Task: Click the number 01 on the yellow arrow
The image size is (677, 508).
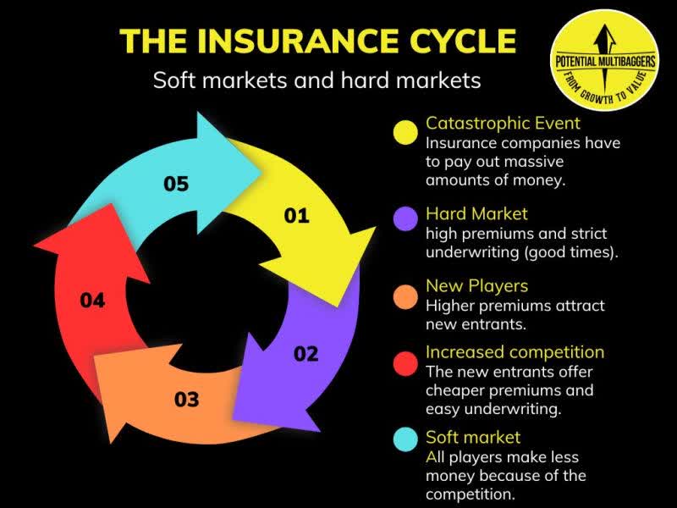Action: point(296,216)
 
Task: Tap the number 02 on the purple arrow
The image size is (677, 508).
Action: point(305,353)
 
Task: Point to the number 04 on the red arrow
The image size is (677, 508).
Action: point(92,300)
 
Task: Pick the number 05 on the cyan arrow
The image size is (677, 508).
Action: point(176,184)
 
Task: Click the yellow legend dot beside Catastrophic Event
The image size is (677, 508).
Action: point(407,133)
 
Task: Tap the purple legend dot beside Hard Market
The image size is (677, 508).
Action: point(407,218)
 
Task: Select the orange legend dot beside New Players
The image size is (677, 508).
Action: point(407,296)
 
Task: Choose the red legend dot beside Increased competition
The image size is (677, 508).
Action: point(407,363)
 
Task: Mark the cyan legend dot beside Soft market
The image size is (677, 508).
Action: point(407,439)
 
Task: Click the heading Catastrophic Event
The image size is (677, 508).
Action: point(503,123)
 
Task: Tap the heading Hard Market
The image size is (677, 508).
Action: point(476,213)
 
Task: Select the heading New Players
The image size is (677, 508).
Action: point(476,285)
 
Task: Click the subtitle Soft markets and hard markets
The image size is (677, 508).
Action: point(316,80)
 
